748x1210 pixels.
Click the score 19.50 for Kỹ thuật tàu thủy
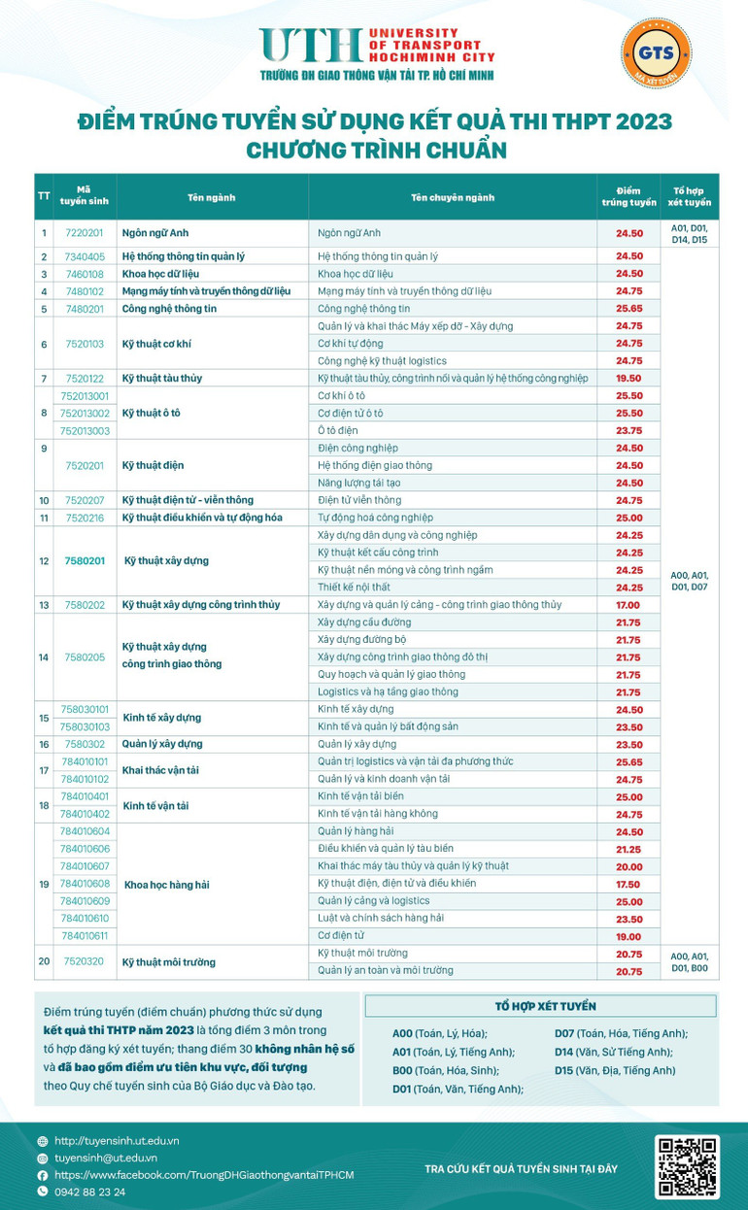[x=629, y=378]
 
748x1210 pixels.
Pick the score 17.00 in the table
[x=629, y=604]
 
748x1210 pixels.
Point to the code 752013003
[x=85, y=430]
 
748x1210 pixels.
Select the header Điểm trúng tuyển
[x=629, y=196]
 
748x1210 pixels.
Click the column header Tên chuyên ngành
[x=453, y=197]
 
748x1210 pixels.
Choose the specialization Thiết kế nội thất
[x=357, y=587]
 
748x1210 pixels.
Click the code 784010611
[x=85, y=936]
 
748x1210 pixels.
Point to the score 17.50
[x=629, y=884]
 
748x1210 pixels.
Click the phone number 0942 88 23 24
[x=90, y=1192]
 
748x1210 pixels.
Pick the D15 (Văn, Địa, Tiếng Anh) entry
[x=614, y=1070]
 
